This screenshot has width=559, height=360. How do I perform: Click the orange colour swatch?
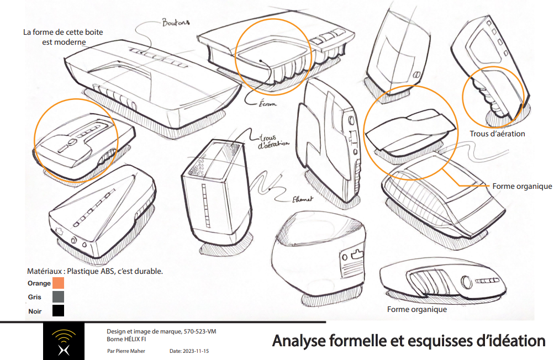click(58, 283)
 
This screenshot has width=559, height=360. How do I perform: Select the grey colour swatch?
click(58, 297)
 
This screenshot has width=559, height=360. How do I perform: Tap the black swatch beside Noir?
click(58, 311)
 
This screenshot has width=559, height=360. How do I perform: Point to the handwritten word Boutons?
click(175, 23)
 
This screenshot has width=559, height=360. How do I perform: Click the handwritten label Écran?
click(267, 103)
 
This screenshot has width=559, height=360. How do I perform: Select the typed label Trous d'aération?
click(497, 134)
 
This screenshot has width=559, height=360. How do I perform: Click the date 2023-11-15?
click(194, 351)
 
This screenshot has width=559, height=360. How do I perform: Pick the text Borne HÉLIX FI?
click(126, 339)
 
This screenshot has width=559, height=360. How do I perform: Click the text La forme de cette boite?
click(62, 32)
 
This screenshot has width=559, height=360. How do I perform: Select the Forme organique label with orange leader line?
click(522, 186)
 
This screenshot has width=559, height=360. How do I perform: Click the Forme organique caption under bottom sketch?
click(416, 309)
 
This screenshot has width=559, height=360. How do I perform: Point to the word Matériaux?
click(44, 272)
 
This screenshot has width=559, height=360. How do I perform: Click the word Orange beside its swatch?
click(39, 283)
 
